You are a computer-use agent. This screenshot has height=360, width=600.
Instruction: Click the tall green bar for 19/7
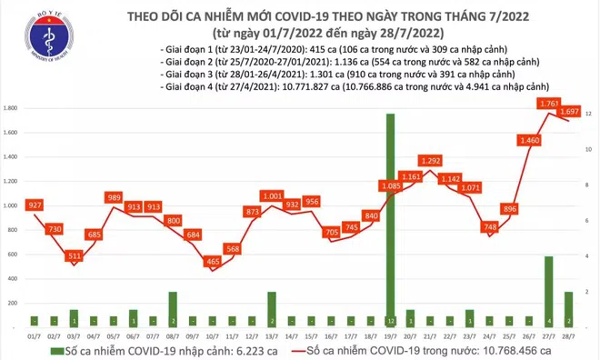click(x=390, y=218)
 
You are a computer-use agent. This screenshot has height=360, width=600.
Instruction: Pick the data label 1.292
click(x=429, y=161)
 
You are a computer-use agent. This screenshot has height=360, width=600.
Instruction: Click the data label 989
click(x=114, y=197)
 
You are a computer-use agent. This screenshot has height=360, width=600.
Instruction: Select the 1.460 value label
click(x=529, y=140)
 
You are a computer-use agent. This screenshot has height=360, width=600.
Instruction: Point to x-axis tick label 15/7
click(x=309, y=335)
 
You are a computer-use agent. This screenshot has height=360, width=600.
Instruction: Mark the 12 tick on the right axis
click(x=589, y=114)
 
